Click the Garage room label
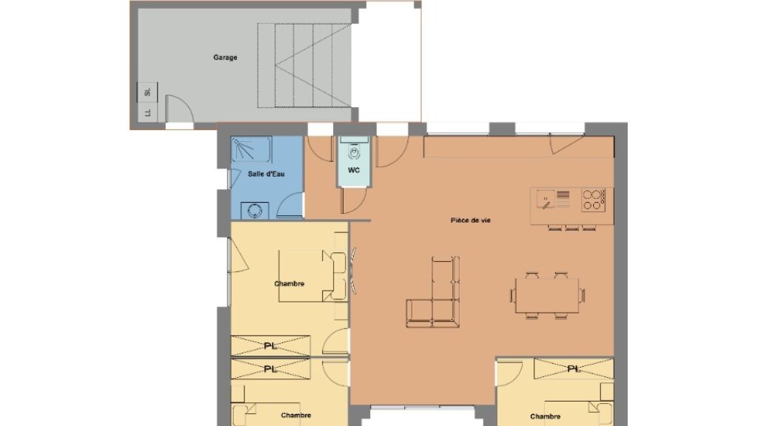pos(225,58)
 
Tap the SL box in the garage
pos(147,92)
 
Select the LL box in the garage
pos(147,112)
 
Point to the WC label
pos(354,170)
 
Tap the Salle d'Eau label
pos(266,174)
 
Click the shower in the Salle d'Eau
pos(251,149)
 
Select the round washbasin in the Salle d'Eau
pos(255,211)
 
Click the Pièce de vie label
pos(471,220)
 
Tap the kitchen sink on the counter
pos(546,199)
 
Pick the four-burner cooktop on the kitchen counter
pos(593,200)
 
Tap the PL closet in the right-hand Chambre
pos(574,368)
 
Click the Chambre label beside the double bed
pos(289,283)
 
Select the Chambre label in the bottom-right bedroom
pos(546,416)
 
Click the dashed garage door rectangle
pos(304,65)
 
